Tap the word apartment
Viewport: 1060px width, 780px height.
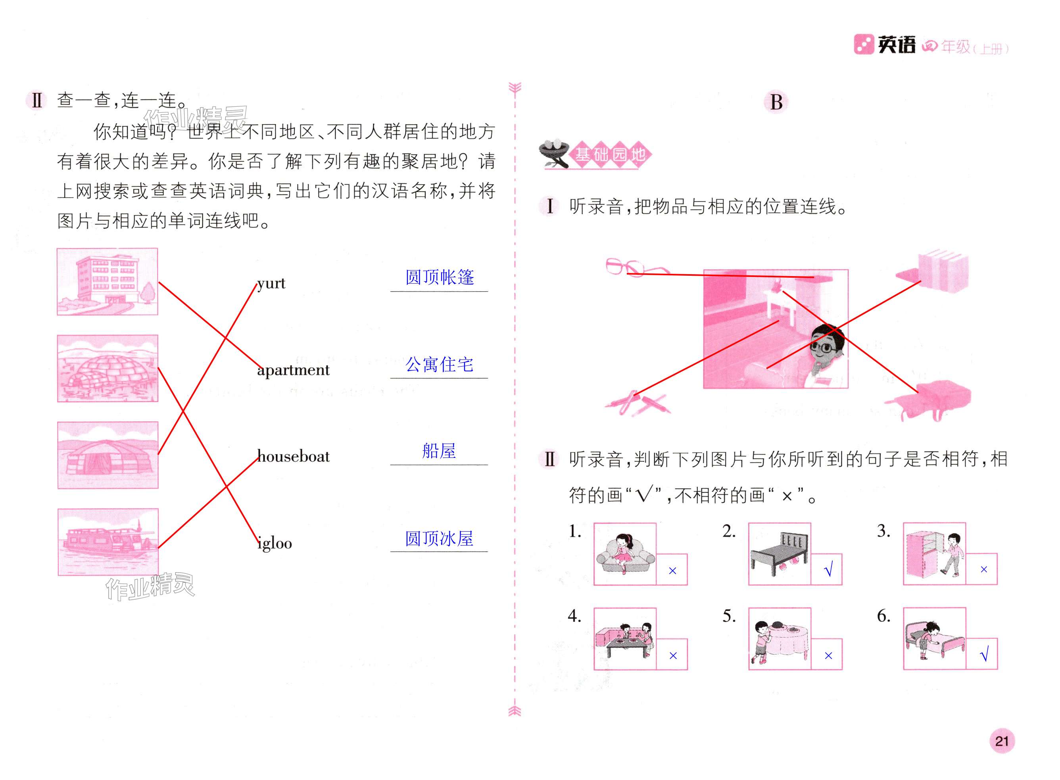click(x=293, y=370)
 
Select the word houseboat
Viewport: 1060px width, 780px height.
click(x=293, y=457)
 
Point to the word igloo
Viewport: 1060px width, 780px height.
click(x=275, y=544)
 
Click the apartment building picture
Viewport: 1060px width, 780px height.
click(x=108, y=282)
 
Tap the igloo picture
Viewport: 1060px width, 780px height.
click(x=108, y=369)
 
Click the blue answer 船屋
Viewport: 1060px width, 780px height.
click(x=439, y=451)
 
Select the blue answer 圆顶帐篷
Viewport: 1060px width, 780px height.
click(x=439, y=277)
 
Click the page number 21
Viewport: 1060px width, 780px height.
click(x=1001, y=741)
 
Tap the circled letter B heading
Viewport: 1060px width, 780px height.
click(x=776, y=102)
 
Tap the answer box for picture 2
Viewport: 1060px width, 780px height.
click(x=827, y=569)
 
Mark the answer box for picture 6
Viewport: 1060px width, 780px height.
click(x=982, y=654)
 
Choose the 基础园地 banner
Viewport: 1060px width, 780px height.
click(x=609, y=154)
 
